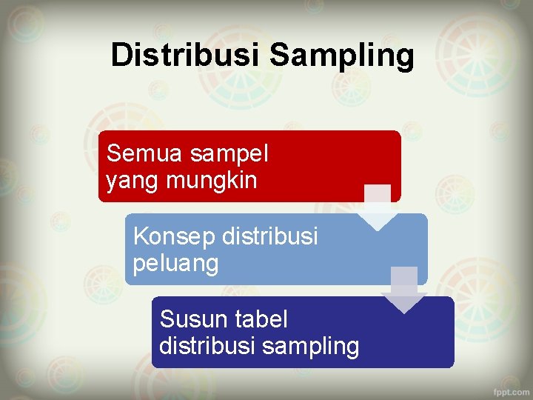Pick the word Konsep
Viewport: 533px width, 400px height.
[x=172, y=237]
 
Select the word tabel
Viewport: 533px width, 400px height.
[x=261, y=319]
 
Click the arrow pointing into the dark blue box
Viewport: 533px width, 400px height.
[x=404, y=290]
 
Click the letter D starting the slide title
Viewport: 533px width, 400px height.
[x=121, y=55]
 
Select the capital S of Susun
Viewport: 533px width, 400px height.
[x=167, y=319]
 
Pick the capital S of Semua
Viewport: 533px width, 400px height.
[x=113, y=154]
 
